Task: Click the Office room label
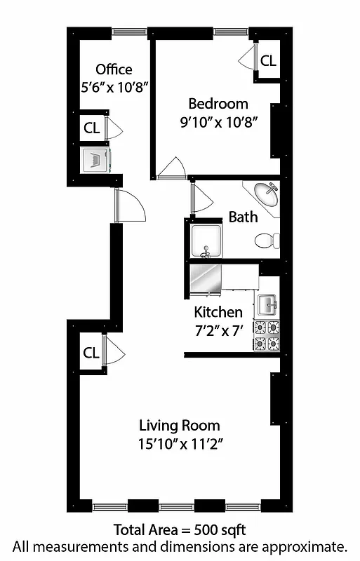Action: coord(114,69)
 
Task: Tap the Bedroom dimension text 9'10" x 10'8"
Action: coord(220,121)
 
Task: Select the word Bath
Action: coord(243,217)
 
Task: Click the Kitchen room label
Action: coord(218,312)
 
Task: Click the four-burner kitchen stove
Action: coord(266,334)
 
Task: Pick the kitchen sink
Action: coord(267,304)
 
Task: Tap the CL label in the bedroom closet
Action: coord(268,61)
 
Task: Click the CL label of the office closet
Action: coord(91,128)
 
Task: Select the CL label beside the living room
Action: coord(91,353)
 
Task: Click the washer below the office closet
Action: coord(95,158)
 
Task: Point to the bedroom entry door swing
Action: coord(171,168)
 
